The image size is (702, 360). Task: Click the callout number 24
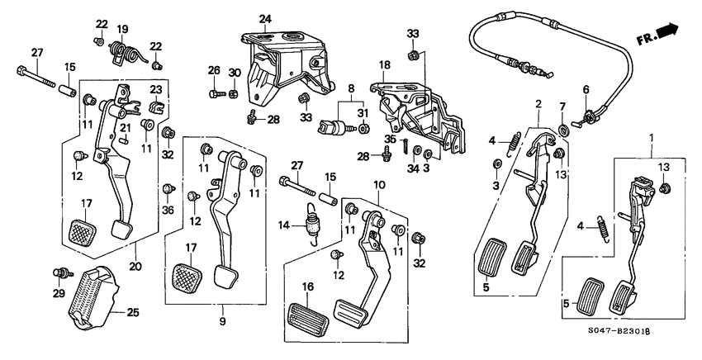265,18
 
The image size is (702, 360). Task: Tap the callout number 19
122,30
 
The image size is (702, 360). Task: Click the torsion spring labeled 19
124,52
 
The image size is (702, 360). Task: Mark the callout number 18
385,64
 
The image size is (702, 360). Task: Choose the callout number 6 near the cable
586,89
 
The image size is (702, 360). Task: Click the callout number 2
538,104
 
